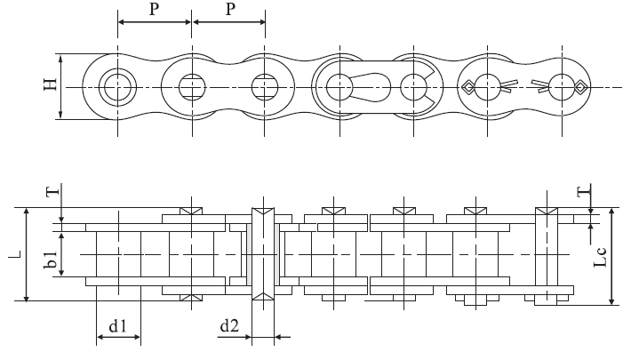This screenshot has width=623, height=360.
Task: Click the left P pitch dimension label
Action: [x=154, y=10]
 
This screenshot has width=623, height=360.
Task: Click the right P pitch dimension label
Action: [x=229, y=10]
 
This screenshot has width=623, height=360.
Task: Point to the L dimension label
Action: [x=13, y=255]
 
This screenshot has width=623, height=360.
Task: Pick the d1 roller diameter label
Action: [x=117, y=327]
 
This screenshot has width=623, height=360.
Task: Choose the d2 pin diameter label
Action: [x=229, y=327]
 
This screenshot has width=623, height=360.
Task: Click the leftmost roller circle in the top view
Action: [x=116, y=87]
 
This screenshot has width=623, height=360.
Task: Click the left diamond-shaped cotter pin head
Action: [x=467, y=87]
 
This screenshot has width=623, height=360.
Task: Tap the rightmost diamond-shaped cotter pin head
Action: [x=579, y=87]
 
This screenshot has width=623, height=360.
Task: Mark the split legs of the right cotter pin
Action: [x=540, y=86]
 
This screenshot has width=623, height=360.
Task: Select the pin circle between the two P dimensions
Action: [x=191, y=87]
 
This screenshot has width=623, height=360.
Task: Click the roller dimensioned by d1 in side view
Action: [x=117, y=254]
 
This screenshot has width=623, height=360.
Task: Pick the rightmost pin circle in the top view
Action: [x=561, y=87]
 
